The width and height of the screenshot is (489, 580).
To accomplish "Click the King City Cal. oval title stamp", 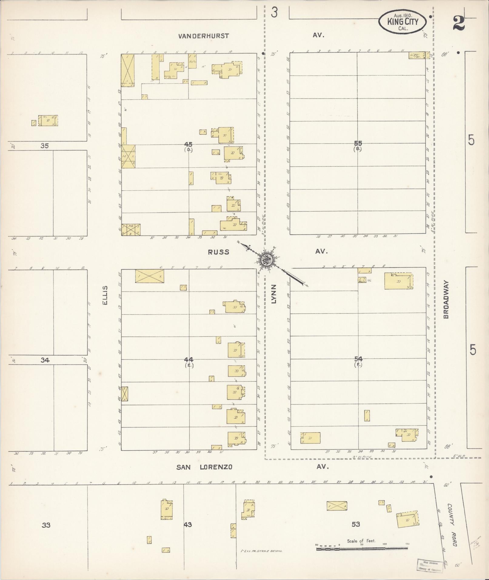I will click(402, 22).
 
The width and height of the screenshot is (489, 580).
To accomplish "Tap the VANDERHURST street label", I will click(203, 36).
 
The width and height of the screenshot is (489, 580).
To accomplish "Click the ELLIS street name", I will click(106, 295).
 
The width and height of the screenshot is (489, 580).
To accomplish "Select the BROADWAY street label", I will click(446, 299).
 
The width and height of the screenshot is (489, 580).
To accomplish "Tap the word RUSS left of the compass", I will click(218, 252).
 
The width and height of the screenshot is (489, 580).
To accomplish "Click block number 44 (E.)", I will click(188, 361).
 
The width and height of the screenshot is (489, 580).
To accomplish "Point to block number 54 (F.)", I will click(358, 361).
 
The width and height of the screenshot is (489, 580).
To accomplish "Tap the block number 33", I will click(46, 525).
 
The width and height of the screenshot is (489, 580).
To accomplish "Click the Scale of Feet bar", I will click(362, 548).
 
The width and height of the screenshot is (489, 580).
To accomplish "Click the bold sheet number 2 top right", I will click(459, 23).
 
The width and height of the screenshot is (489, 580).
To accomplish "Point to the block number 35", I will click(45, 146).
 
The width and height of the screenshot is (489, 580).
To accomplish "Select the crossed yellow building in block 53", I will click(337, 506).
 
